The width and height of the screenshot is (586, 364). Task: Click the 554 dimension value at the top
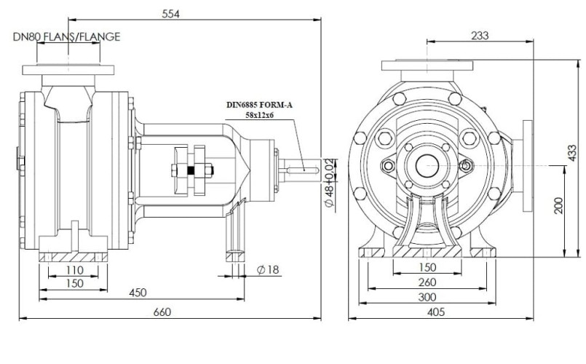click(x=170, y=13)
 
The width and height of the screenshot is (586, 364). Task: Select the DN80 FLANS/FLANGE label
click(x=66, y=36)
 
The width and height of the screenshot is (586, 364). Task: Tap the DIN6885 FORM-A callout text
click(x=259, y=105)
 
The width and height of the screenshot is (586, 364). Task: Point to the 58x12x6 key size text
click(x=259, y=116)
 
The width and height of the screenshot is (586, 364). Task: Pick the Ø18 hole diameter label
click(x=268, y=272)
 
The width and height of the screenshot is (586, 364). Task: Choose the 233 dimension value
click(x=480, y=35)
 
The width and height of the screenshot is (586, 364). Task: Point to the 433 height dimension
click(x=575, y=151)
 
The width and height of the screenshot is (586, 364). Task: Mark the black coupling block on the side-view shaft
click(x=191, y=172)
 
